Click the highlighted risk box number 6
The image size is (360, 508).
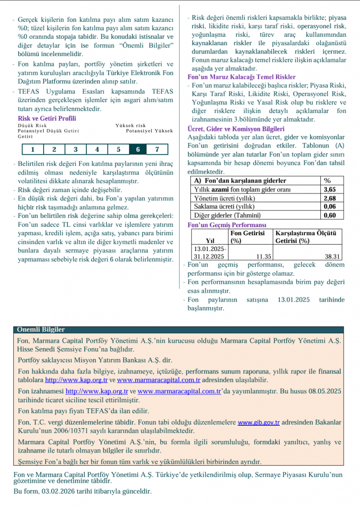pyautogui.click(x=137, y=149)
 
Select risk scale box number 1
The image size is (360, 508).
pyautogui.click(x=32, y=149)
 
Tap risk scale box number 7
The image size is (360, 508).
pyautogui.click(x=157, y=149)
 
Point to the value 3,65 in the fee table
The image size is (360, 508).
pyautogui.click(x=329, y=189)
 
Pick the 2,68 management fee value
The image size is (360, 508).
pyautogui.click(x=329, y=198)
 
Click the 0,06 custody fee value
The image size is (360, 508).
pyautogui.click(x=329, y=206)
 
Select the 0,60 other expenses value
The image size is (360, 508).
pyautogui.click(x=329, y=215)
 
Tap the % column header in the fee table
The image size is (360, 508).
pyautogui.click(x=327, y=181)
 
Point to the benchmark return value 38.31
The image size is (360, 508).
pyautogui.click(x=332, y=256)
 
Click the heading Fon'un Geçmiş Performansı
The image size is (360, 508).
pyautogui.click(x=227, y=225)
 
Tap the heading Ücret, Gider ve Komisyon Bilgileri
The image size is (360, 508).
pyautogui.click(x=236, y=128)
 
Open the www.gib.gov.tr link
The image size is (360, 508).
pyautogui.click(x=259, y=423)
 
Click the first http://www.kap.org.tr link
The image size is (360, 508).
pyautogui.click(x=76, y=380)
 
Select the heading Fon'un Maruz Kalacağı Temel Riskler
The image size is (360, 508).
pyautogui.click(x=241, y=77)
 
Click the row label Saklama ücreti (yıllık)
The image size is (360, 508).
pyautogui.click(x=224, y=206)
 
